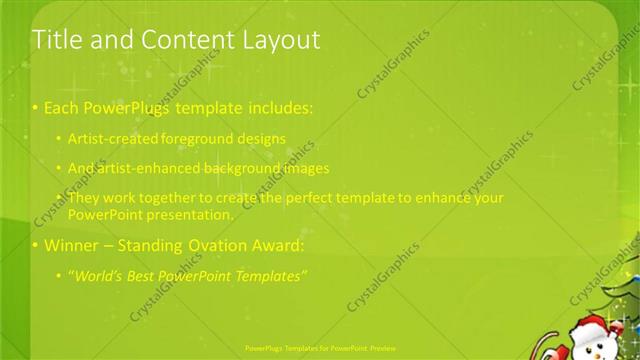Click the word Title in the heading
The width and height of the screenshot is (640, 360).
coord(54,40)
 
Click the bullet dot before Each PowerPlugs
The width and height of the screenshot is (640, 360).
coord(36,107)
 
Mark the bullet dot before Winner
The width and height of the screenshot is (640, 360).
coord(36,245)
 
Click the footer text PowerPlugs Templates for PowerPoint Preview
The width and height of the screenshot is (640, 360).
coord(320,349)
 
